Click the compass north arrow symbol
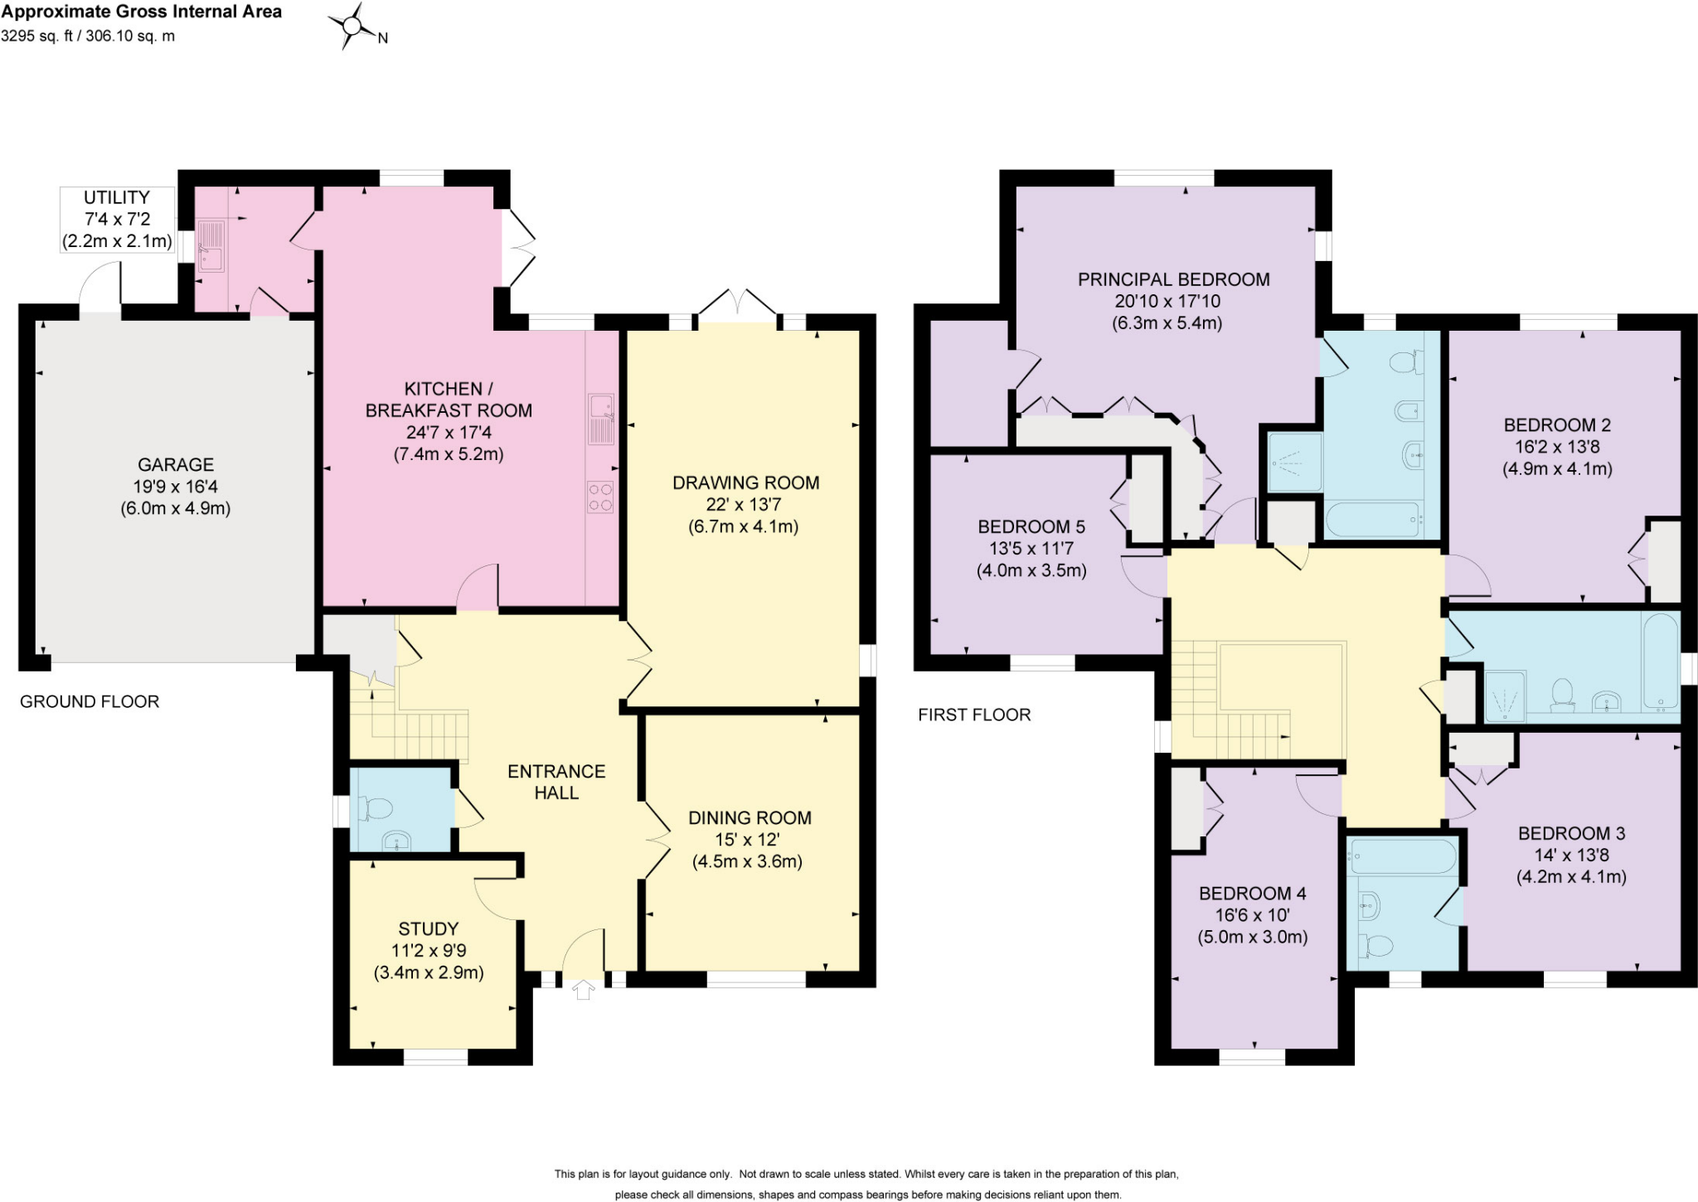point(352,26)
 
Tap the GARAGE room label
point(176,465)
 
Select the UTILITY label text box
point(117,220)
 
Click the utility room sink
point(211,245)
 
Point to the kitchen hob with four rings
point(601,497)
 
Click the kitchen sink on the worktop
point(601,419)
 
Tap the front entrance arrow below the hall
point(584,990)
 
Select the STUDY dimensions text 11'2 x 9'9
point(429,951)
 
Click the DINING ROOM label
point(750,818)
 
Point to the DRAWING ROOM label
point(745,482)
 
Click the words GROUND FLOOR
point(90,701)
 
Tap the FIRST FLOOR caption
point(974,715)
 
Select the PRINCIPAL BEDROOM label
point(1173,279)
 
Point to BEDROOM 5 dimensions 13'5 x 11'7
point(1031,548)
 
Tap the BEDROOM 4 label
point(1252,894)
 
